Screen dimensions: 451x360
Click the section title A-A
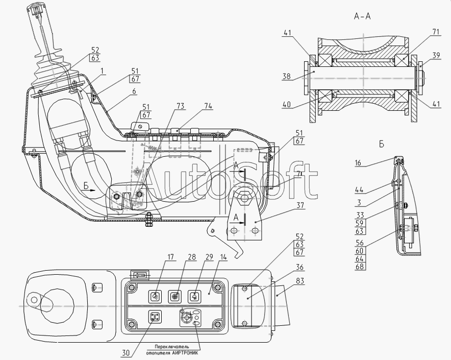pyautogui.click(x=362, y=16)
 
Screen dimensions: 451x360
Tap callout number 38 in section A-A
pyautogui.click(x=287, y=76)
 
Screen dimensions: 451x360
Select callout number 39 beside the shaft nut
pyautogui.click(x=436, y=55)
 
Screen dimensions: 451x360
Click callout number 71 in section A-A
pyautogui.click(x=436, y=31)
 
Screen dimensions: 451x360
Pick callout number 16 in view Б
pyautogui.click(x=358, y=163)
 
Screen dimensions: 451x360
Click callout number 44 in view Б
pyautogui.click(x=359, y=189)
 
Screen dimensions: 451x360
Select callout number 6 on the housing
pyautogui.click(x=134, y=91)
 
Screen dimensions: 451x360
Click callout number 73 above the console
pyautogui.click(x=180, y=106)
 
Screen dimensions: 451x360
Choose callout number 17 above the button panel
pyautogui.click(x=171, y=257)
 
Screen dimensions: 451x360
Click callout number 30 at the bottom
pyautogui.click(x=126, y=353)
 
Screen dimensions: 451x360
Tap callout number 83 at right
pyautogui.click(x=299, y=280)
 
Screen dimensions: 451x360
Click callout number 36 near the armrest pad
pyautogui.click(x=299, y=267)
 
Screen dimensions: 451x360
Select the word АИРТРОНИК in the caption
pyautogui.click(x=185, y=353)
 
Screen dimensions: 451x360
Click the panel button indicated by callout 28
pyautogui.click(x=174, y=296)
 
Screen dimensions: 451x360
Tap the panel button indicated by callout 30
pyautogui.click(x=155, y=317)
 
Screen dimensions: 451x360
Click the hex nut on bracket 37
pyautogui.click(x=244, y=198)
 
